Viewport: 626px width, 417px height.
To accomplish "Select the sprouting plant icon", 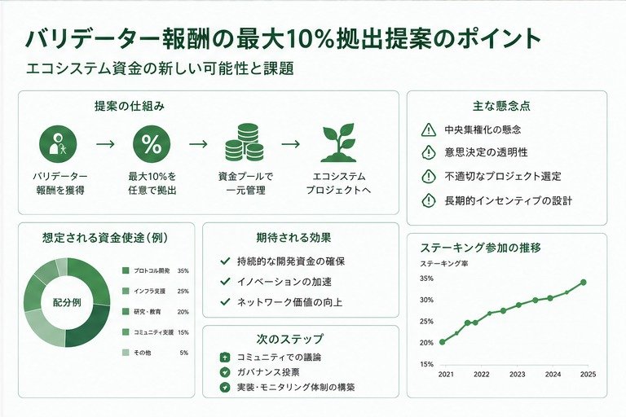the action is pos(338,143).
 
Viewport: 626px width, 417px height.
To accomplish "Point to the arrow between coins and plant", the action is pos(291,143).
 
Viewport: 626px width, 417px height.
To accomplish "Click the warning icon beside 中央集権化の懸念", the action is pos(429,129).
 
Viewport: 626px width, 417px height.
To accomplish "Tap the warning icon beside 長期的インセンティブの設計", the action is pos(429,200).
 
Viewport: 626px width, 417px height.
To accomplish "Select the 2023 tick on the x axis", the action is pos(517,375).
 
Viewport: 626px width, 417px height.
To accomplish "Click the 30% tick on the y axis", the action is pos(426,300).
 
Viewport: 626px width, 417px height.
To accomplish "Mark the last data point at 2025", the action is pos(584,282).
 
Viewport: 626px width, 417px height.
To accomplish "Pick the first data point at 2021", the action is pos(442,342).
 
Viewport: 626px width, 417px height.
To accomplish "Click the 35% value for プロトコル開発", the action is pos(183,271).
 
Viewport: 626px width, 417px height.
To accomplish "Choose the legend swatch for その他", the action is pos(126,353).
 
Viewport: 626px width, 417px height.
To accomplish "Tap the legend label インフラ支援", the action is pos(149,292).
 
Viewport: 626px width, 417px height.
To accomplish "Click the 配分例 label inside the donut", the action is pos(67,302).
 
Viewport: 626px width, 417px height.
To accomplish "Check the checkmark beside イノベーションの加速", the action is pos(225,282).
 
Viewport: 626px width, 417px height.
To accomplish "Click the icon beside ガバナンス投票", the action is pos(225,372).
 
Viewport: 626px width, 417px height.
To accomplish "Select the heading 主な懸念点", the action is pos(501,106).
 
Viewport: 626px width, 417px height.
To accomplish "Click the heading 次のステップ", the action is pos(289,339).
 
